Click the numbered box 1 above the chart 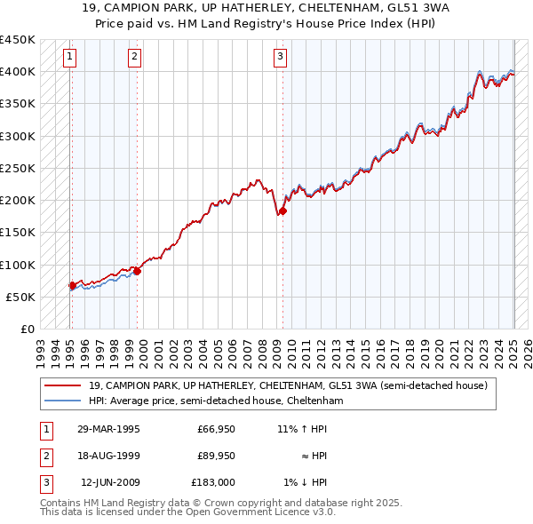(x=70, y=59)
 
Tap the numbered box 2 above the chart (x=134, y=59)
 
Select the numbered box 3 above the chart (x=280, y=59)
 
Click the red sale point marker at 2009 (x=282, y=210)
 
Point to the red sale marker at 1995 (x=72, y=285)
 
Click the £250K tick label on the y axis (x=18, y=168)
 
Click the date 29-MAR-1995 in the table (x=108, y=429)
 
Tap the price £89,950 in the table (x=216, y=456)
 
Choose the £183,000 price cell (x=214, y=482)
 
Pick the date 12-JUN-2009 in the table (x=110, y=482)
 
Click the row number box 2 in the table (x=45, y=456)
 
